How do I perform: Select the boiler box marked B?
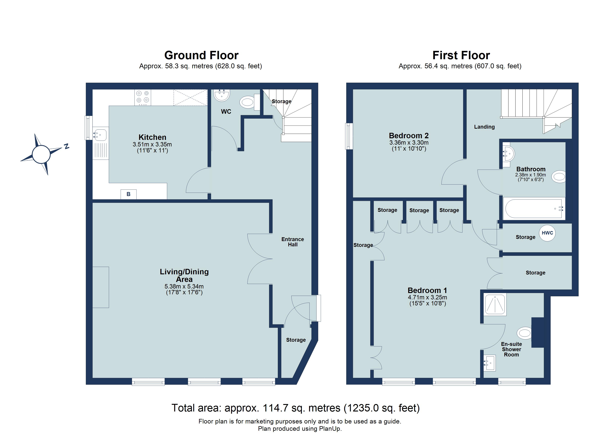pos(129,194)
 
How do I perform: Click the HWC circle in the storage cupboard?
pos(547,233)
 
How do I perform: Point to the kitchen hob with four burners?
pos(143,97)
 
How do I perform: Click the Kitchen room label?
pos(152,137)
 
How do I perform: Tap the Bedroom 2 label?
pos(409,136)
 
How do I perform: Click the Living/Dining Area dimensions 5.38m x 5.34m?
pos(184,286)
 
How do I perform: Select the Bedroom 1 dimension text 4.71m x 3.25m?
pos(427,297)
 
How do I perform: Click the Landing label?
pos(484,127)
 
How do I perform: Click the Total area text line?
pos(295,408)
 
